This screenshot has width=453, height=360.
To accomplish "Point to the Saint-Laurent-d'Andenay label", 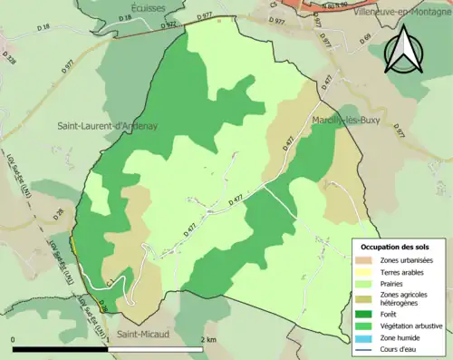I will coord(107,126).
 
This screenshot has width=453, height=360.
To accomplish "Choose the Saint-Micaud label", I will coord(141,336).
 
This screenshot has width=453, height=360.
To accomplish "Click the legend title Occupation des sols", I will coord(395,247).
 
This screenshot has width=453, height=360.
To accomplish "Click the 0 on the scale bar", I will coord(14,338).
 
